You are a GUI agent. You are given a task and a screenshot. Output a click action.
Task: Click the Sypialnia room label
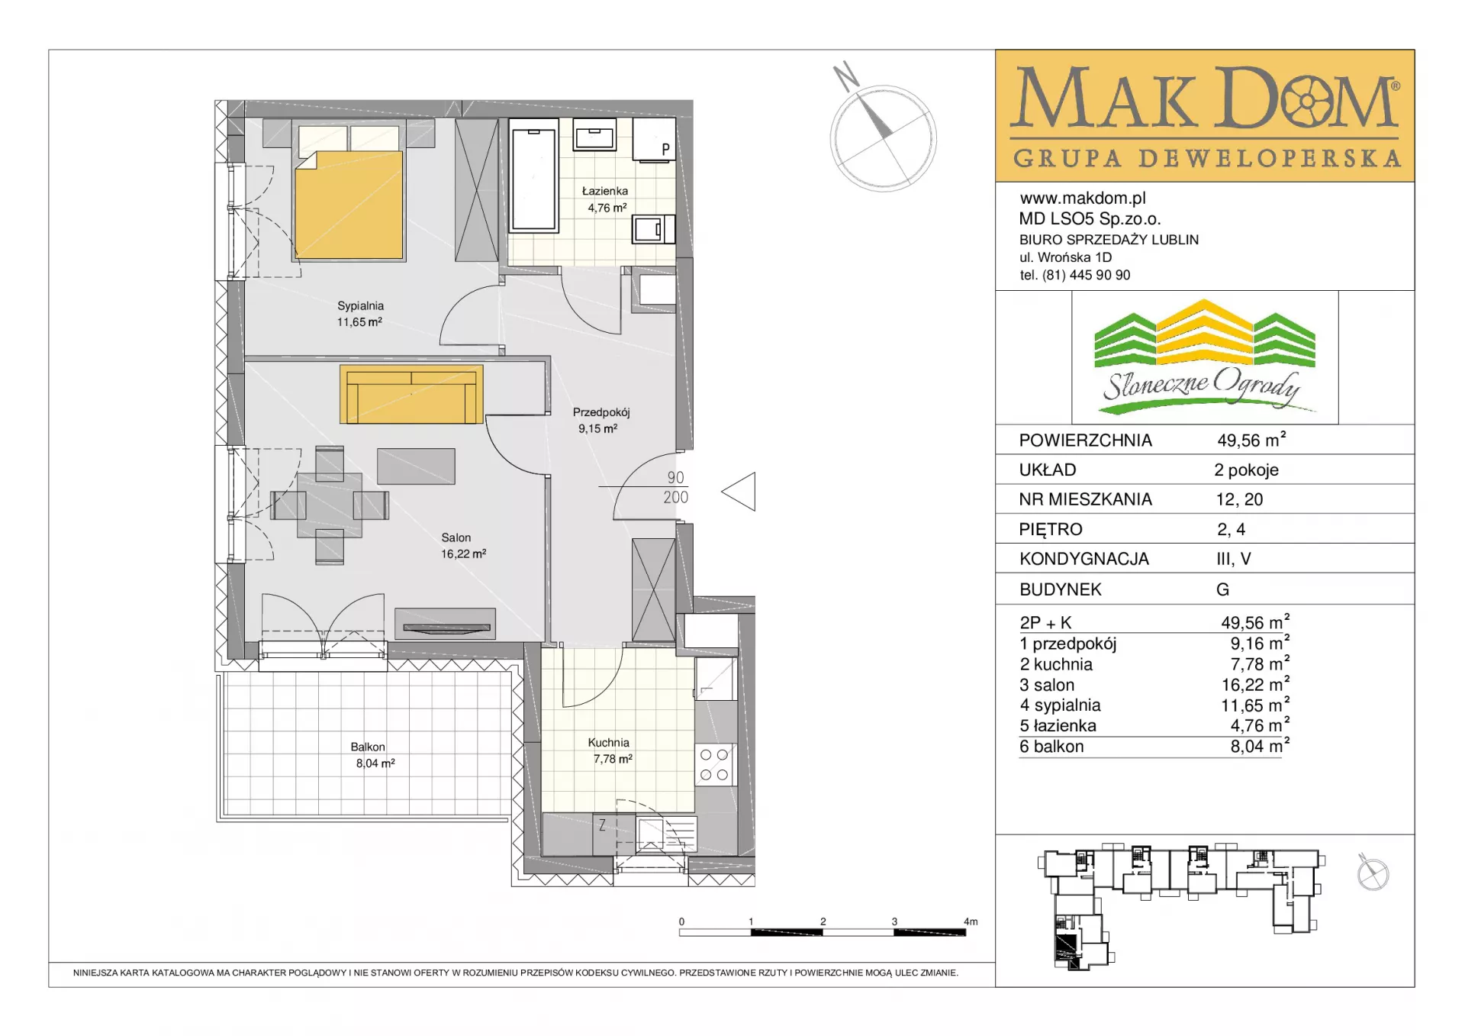(360, 305)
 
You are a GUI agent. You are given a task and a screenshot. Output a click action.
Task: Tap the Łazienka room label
(605, 191)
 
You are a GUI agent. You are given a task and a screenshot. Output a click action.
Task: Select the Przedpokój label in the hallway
(601, 412)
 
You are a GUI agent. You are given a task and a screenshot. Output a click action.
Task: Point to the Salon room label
(456, 537)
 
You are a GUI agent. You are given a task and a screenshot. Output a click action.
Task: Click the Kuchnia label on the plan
(608, 742)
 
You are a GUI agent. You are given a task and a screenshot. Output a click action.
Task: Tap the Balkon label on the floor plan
(368, 747)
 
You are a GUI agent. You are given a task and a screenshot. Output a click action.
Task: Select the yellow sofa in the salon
(411, 394)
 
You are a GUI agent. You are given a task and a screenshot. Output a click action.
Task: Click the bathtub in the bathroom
(534, 179)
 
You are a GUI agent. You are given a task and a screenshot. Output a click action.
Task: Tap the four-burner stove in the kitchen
(714, 764)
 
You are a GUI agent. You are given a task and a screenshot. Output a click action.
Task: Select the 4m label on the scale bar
(971, 921)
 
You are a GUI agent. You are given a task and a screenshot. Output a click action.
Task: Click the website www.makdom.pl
(1083, 198)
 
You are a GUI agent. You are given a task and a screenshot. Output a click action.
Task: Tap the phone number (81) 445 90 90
(1086, 275)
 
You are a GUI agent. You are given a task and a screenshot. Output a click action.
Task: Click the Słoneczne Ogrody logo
(1205, 357)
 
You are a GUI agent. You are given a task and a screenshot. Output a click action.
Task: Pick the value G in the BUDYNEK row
(1222, 589)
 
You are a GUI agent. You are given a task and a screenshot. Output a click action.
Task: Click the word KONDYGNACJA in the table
(1083, 559)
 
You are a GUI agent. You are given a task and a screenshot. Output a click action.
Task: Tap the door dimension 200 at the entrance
(676, 497)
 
